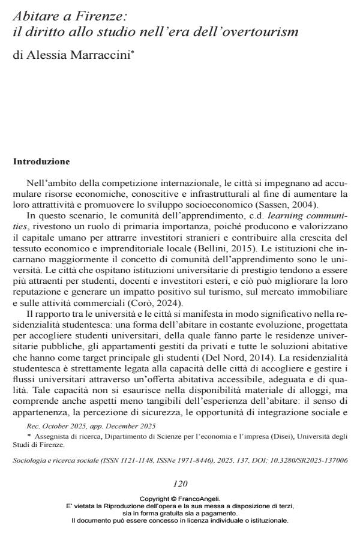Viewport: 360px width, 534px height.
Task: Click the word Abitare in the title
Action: pos(36,13)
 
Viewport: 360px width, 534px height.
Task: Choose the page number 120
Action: pos(180,483)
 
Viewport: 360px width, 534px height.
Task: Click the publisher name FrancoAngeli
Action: pos(200,499)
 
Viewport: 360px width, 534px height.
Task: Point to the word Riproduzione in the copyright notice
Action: pos(127,506)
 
